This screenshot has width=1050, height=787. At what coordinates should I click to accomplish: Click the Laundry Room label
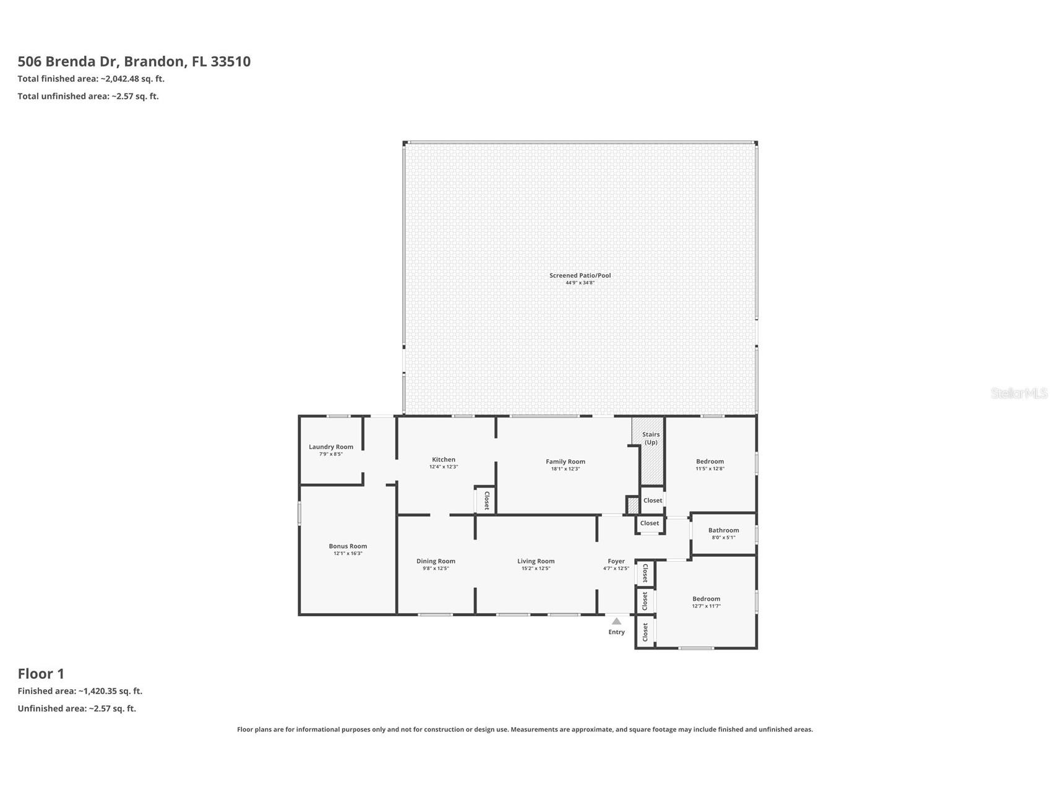[331, 447]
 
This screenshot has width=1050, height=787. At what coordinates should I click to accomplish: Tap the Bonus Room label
[348, 546]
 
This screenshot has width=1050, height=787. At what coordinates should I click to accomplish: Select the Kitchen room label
[444, 460]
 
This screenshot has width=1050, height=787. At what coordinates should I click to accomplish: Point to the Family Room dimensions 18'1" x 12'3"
[566, 469]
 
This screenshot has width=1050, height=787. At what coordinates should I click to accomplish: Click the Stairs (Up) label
[651, 438]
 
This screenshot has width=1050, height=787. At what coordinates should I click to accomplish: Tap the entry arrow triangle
[616, 621]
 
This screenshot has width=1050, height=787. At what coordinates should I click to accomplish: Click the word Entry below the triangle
[616, 632]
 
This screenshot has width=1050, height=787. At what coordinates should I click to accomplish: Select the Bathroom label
[723, 530]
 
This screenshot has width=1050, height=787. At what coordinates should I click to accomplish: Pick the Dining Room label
[436, 561]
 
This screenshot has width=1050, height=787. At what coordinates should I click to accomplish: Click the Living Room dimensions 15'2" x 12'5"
[536, 569]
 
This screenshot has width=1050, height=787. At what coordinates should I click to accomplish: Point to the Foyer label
[616, 561]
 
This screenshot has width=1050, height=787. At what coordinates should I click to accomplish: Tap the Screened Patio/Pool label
[580, 275]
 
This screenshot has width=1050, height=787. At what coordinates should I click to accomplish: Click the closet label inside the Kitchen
[486, 500]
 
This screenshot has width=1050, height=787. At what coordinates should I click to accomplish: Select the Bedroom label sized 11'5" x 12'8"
[710, 462]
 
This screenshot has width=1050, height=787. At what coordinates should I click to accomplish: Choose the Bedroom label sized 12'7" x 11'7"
[706, 599]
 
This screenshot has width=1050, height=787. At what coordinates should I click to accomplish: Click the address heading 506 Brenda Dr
[134, 61]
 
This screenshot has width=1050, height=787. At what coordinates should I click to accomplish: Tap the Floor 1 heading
[41, 674]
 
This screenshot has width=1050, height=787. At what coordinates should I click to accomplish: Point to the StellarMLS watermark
[1018, 393]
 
